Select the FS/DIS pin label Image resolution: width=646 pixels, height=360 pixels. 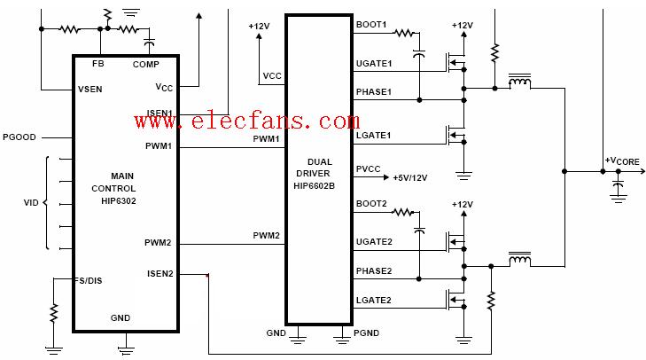tap(90, 280)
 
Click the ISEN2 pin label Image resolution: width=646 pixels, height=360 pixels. tap(160, 274)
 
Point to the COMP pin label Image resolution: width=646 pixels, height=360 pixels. tap(145, 64)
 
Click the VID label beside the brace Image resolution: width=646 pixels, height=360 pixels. tap(30, 203)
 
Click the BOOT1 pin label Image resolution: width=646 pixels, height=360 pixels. tap(371, 25)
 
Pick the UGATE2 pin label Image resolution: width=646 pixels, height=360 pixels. tap(374, 241)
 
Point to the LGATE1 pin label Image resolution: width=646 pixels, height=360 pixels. tap(373, 135)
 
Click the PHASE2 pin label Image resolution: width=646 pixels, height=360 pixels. tap(374, 270)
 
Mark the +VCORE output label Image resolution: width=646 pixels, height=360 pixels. tap(621, 160)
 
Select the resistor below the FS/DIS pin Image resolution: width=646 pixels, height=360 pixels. tap(54, 312)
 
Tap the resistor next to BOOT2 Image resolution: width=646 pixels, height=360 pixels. tap(404, 212)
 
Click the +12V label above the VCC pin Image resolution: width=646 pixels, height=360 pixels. tap(260, 27)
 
